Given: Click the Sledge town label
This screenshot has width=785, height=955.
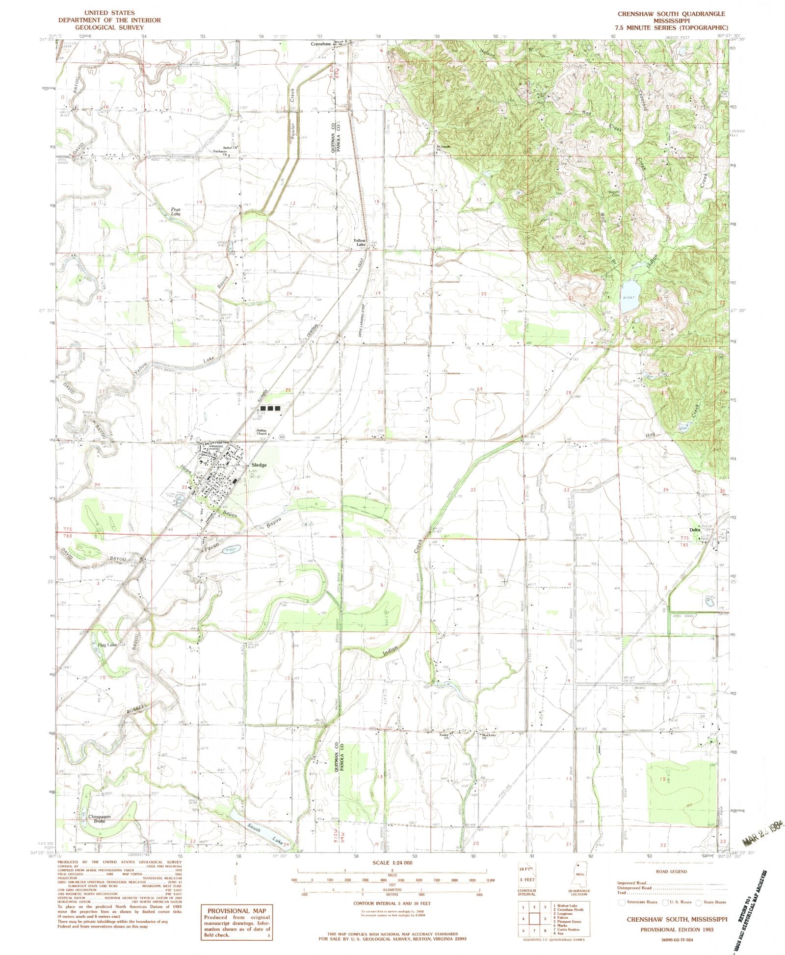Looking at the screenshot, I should point(259,465).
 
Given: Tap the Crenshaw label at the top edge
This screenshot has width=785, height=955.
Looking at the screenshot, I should point(321,44).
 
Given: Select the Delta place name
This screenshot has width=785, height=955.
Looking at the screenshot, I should point(694,530).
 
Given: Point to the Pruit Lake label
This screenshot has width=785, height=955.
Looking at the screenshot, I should point(176,211).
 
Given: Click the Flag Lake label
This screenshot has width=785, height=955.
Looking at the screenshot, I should point(107,645).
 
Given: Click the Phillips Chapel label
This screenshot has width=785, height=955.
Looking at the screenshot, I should point(261,433).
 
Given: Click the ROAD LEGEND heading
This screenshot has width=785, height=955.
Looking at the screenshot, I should point(672,871).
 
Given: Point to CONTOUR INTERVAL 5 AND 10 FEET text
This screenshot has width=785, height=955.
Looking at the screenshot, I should point(392,903).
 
